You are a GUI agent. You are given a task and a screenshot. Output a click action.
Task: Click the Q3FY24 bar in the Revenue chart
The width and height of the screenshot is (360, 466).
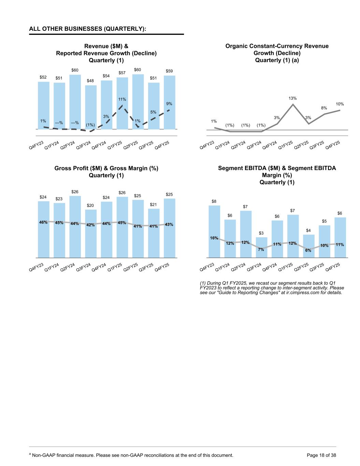(91, 106)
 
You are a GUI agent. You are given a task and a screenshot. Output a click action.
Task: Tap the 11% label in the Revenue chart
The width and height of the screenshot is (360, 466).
(123, 99)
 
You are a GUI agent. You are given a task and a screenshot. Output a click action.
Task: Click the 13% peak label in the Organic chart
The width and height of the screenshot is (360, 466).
(293, 98)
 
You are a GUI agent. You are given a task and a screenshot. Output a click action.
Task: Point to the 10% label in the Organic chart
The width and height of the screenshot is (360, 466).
(340, 104)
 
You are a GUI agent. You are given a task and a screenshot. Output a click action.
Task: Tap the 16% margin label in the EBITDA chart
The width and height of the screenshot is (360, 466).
(214, 238)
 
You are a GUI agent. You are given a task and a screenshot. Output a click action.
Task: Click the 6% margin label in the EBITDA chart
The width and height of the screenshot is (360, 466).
(308, 250)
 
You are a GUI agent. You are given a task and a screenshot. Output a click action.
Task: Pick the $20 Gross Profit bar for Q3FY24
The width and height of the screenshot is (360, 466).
(91, 236)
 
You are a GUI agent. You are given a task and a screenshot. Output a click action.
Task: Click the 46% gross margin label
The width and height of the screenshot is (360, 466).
(43, 222)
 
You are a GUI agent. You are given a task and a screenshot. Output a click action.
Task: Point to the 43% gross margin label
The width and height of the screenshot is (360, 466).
(169, 224)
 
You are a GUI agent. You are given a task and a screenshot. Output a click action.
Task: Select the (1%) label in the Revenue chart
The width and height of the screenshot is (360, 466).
(90, 125)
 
